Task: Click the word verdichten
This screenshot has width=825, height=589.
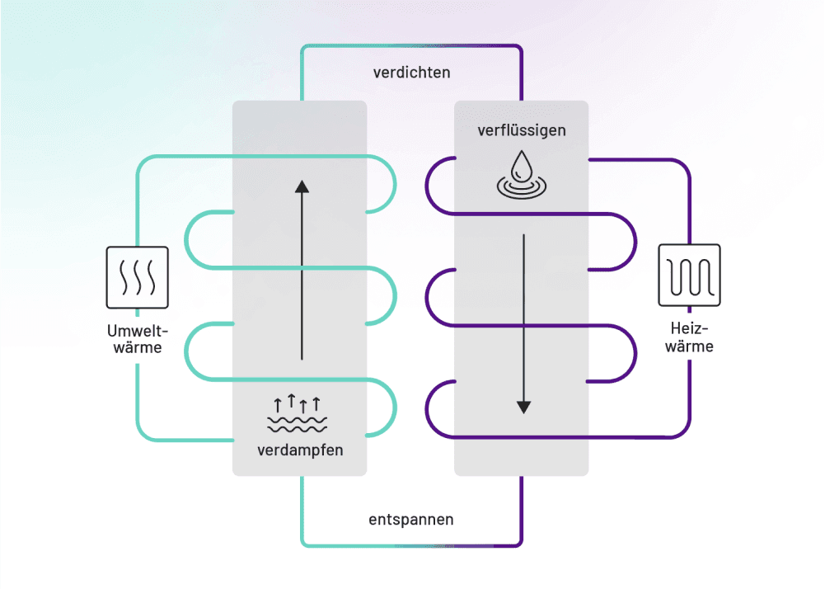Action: click(x=411, y=73)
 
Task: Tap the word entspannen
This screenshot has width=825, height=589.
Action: click(x=410, y=520)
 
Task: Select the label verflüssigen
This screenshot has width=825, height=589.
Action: click(x=522, y=130)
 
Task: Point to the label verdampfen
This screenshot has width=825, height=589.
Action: click(x=299, y=450)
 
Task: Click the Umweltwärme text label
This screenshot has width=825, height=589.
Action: click(x=137, y=339)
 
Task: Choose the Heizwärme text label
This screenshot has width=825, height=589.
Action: click(x=689, y=339)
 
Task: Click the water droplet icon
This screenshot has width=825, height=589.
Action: click(x=521, y=165)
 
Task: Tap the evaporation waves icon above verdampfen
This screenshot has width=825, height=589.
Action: click(x=298, y=415)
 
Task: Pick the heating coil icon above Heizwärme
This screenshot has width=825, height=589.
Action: click(x=689, y=275)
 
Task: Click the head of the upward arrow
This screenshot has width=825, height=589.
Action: click(x=302, y=186)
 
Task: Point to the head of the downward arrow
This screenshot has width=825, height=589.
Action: click(x=523, y=407)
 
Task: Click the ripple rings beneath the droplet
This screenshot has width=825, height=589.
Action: click(x=521, y=189)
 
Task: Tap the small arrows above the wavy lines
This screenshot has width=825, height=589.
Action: click(x=298, y=404)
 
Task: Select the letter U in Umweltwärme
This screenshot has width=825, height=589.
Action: click(x=112, y=332)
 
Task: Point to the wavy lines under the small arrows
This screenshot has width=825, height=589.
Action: click(x=298, y=424)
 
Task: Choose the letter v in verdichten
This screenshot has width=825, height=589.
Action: click(x=377, y=73)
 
